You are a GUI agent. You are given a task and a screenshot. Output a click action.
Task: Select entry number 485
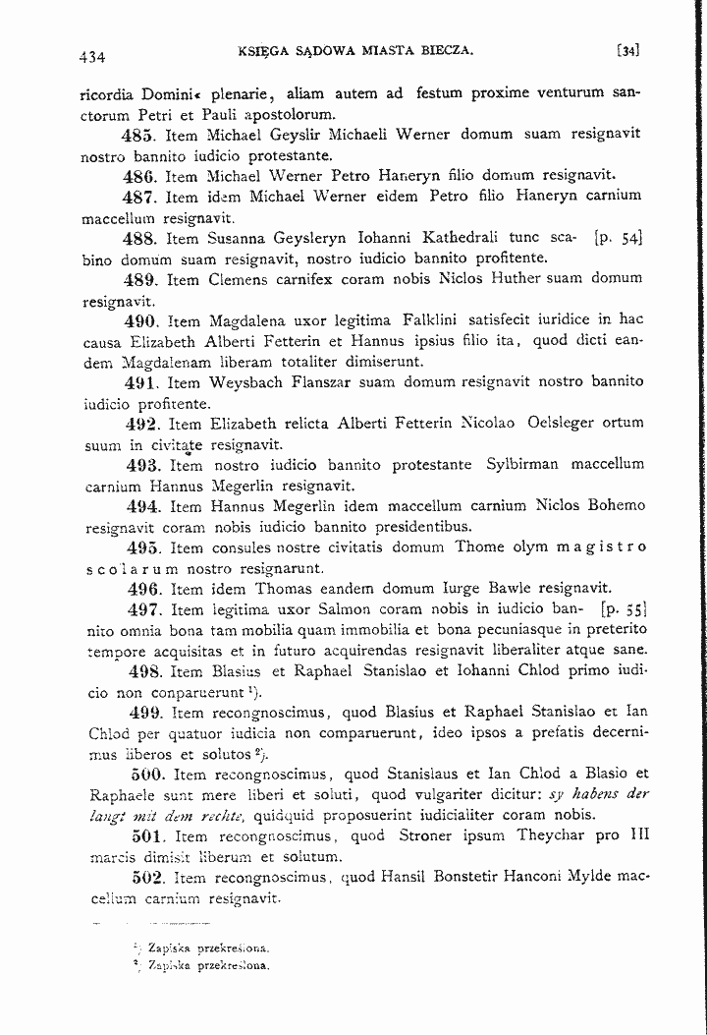pyautogui.click(x=138, y=137)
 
